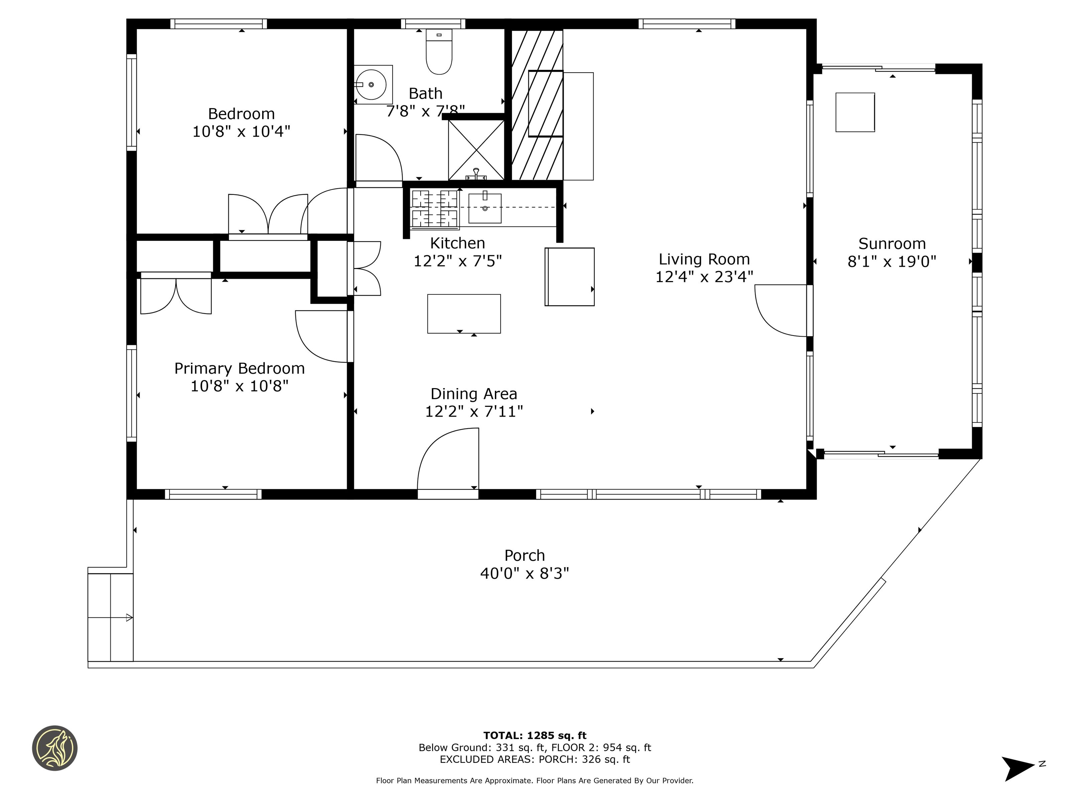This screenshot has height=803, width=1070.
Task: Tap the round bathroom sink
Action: (x=371, y=85)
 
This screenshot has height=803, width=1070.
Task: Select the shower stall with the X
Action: (x=476, y=150)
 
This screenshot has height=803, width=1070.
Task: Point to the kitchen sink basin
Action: (x=485, y=208)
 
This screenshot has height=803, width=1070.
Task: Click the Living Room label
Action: (x=704, y=259)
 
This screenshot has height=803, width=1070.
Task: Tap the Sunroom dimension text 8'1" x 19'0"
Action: (x=891, y=262)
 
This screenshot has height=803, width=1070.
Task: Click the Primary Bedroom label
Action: (x=239, y=368)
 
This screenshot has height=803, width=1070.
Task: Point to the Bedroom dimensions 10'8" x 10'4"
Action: (x=241, y=131)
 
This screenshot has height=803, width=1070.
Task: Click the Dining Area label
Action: (x=473, y=394)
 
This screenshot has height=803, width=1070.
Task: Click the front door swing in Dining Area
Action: (x=448, y=459)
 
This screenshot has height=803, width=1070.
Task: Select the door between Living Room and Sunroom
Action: (x=781, y=310)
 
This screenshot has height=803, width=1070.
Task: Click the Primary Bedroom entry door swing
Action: (x=321, y=336)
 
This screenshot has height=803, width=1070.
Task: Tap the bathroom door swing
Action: (x=379, y=158)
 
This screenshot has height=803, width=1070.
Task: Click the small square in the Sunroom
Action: (x=855, y=112)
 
